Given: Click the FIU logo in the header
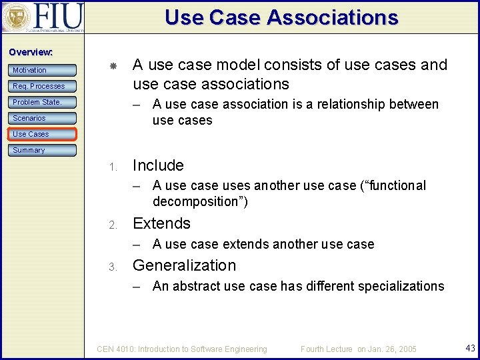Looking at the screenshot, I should tap(43, 17).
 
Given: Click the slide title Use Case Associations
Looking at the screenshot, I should tap(281, 17).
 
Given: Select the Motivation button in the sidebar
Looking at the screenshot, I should tap(42, 70).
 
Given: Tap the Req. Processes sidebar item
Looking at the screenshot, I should tap(42, 86).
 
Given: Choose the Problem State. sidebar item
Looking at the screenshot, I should tap(42, 102).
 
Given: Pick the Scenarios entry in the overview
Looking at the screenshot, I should tap(42, 118).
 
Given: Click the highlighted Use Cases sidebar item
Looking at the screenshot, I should tap(42, 134).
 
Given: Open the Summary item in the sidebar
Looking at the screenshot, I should tap(42, 150).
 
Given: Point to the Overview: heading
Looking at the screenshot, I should tap(31, 52).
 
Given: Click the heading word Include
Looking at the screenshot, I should tap(158, 165).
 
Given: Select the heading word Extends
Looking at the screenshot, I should tap(161, 223).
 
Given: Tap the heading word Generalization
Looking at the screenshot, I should tap(184, 265).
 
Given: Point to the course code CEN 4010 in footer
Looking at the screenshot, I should tap(117, 349).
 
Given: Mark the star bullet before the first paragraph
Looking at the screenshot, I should tap(113, 66).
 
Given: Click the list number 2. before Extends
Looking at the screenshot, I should tap(113, 225).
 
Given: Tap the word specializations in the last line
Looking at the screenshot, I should tap(401, 286).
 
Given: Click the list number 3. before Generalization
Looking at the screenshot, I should tap(113, 267).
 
